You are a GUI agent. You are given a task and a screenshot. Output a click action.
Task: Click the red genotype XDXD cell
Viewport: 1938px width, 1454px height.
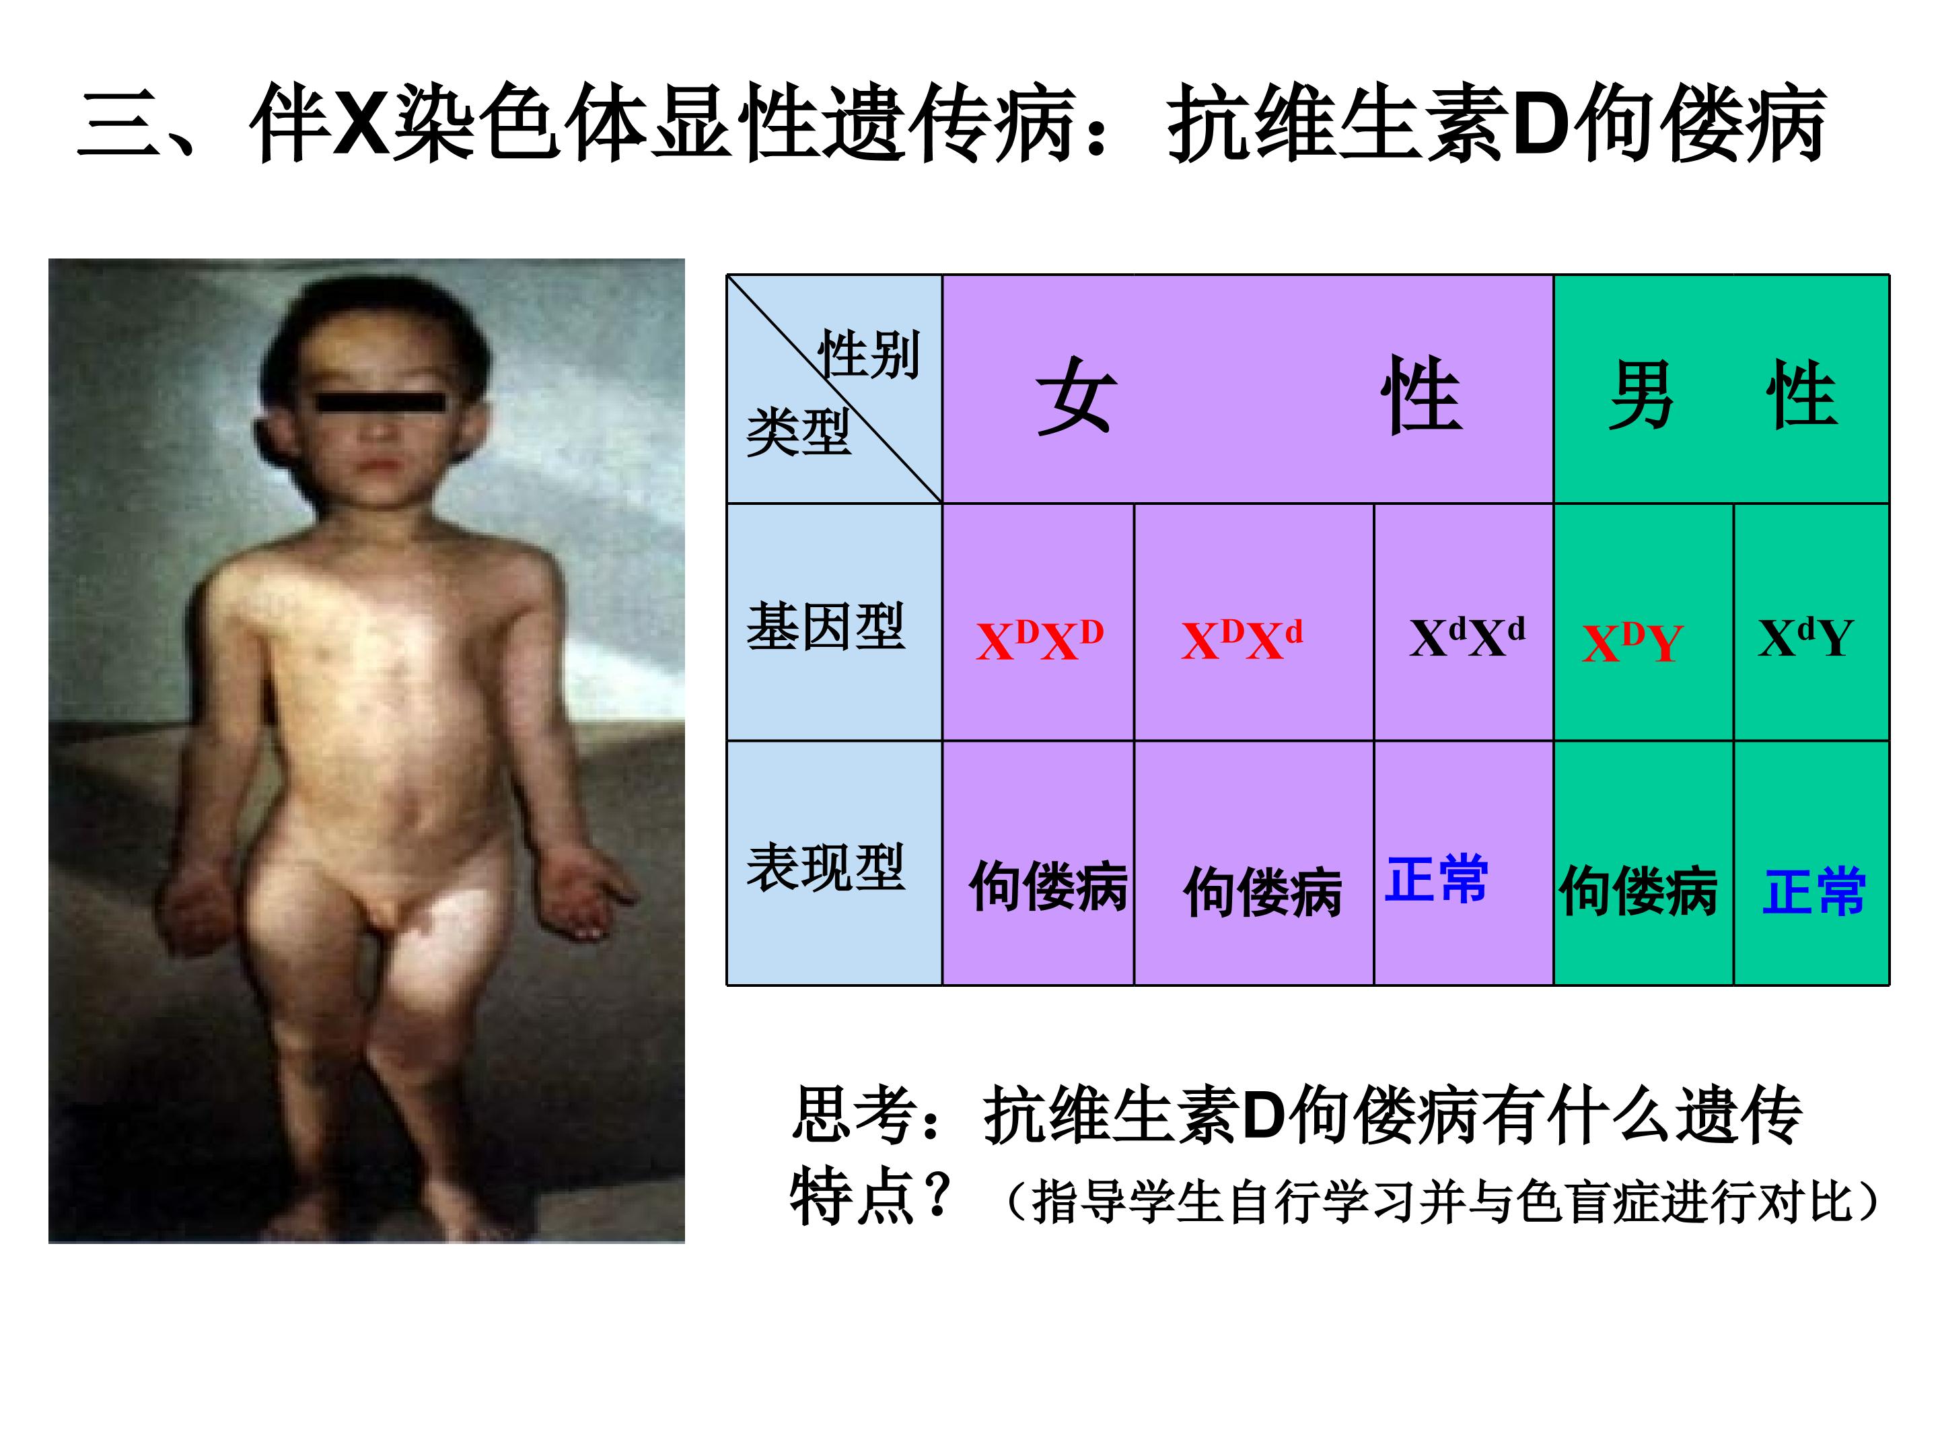coord(1039,639)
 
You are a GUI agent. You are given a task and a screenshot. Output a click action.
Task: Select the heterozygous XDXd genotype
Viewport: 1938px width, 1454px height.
coord(1242,639)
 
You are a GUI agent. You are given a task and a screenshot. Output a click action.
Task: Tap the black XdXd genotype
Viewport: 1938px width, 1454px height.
coord(1467,637)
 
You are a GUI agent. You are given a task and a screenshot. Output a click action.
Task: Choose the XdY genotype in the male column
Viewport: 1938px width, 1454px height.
coord(1805,637)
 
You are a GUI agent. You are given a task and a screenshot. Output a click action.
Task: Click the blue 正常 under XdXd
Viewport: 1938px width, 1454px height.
coord(1437,878)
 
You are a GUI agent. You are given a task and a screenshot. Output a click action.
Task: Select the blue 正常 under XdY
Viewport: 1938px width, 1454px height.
coord(1814,891)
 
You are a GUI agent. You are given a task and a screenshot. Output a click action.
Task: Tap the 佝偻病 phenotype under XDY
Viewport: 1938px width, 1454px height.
coord(1639,891)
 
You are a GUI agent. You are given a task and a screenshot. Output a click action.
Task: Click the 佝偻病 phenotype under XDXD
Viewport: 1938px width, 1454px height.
coord(1048,886)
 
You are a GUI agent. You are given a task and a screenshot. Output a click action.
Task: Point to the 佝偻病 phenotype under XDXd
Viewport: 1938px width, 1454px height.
coord(1262,892)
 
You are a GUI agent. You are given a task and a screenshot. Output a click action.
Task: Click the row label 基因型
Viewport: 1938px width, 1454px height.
coord(825,627)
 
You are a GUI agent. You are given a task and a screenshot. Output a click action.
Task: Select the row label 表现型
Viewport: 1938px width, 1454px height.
coord(825,867)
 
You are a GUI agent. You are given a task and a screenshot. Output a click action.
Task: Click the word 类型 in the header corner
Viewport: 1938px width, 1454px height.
coord(798,432)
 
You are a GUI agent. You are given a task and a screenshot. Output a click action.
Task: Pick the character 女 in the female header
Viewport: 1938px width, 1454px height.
coord(1077,395)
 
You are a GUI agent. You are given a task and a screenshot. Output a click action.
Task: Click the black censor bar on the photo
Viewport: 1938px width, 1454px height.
coord(380,403)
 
